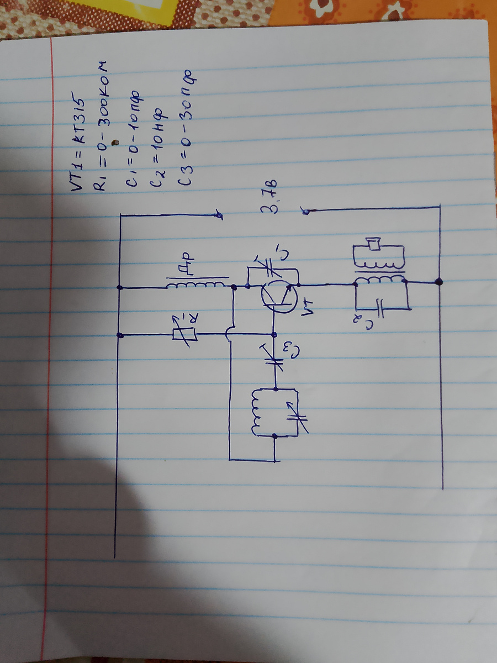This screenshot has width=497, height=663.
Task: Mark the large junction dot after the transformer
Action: pos(439,282)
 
